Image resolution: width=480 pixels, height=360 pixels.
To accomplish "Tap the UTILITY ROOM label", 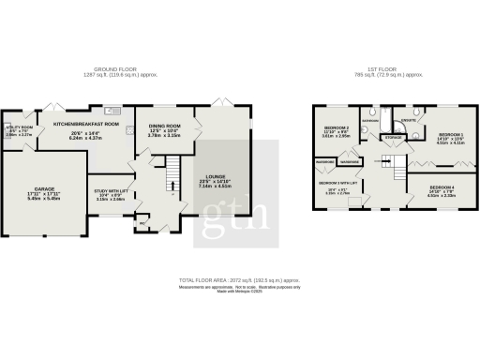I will pyautogui.click(x=20, y=127).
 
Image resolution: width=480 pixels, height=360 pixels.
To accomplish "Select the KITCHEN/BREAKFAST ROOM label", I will pyautogui.click(x=86, y=124).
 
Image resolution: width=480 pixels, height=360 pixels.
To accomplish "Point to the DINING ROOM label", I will pyautogui.click(x=165, y=127).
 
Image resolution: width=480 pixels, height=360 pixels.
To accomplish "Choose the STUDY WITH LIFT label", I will pyautogui.click(x=111, y=190).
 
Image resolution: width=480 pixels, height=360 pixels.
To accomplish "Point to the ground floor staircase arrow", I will pyautogui.click(x=171, y=178).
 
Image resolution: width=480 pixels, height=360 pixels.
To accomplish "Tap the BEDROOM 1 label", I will pyautogui.click(x=451, y=136).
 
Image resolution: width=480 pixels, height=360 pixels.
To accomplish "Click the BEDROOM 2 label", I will pyautogui.click(x=336, y=127).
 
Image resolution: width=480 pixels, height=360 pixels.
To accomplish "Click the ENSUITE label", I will pyautogui.click(x=409, y=119).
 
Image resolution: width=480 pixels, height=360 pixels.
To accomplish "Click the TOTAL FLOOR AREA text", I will pyautogui.click(x=240, y=280).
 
